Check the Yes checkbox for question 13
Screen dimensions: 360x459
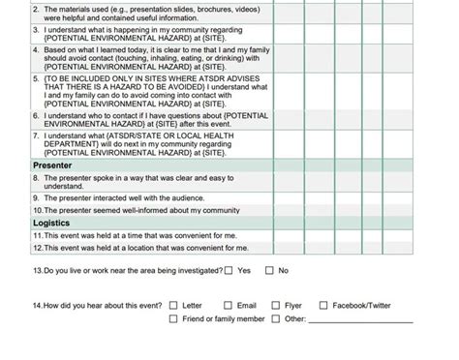coord(229,271)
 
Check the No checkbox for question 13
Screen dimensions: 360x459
coord(270,271)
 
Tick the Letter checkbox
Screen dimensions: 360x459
coord(173,305)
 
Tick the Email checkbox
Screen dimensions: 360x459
coord(229,305)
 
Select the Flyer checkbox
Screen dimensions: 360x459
coord(275,305)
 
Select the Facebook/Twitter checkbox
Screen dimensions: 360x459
coord(324,305)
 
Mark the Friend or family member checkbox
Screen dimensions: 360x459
coord(173,318)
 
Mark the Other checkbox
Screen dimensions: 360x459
coord(275,318)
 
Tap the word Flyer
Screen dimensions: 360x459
coord(294,305)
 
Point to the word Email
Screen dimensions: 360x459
coord(247,305)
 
